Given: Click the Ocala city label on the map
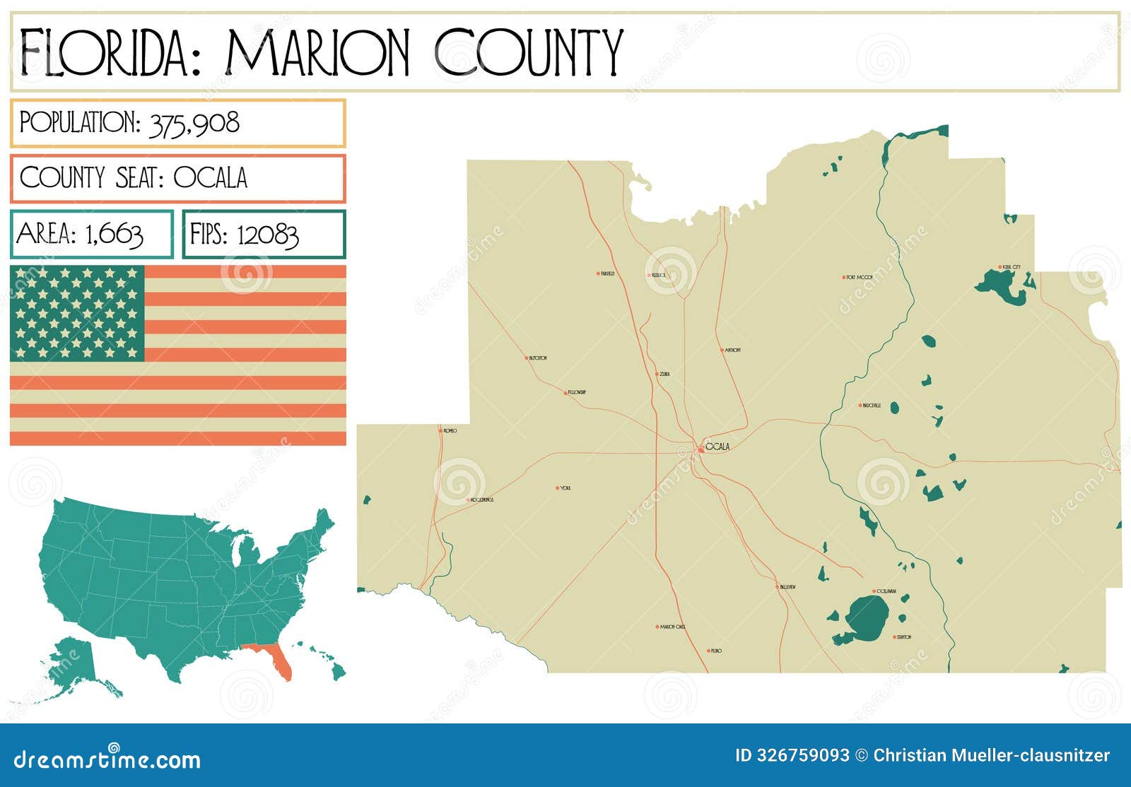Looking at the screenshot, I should [x=717, y=446].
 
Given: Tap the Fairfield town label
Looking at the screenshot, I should [x=607, y=273].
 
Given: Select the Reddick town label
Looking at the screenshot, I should [x=659, y=275].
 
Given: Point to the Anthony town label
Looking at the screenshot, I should [x=732, y=350].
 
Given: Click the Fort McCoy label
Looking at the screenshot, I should [x=859, y=278].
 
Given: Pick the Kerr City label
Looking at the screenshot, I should [x=1011, y=267].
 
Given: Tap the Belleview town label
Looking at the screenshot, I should [x=787, y=587].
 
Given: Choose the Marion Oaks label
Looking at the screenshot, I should [x=672, y=627].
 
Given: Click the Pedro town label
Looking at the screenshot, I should [x=716, y=651].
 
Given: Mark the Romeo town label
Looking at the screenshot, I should [x=450, y=430].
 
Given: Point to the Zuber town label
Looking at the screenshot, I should [x=664, y=374].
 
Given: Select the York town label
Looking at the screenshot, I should [x=565, y=488].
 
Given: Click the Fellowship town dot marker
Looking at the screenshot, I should [x=565, y=392].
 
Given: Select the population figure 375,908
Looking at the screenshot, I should [x=194, y=124].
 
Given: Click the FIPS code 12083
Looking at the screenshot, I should [x=267, y=235].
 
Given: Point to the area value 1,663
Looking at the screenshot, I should [x=114, y=234].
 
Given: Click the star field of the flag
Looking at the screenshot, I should [x=77, y=313].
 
